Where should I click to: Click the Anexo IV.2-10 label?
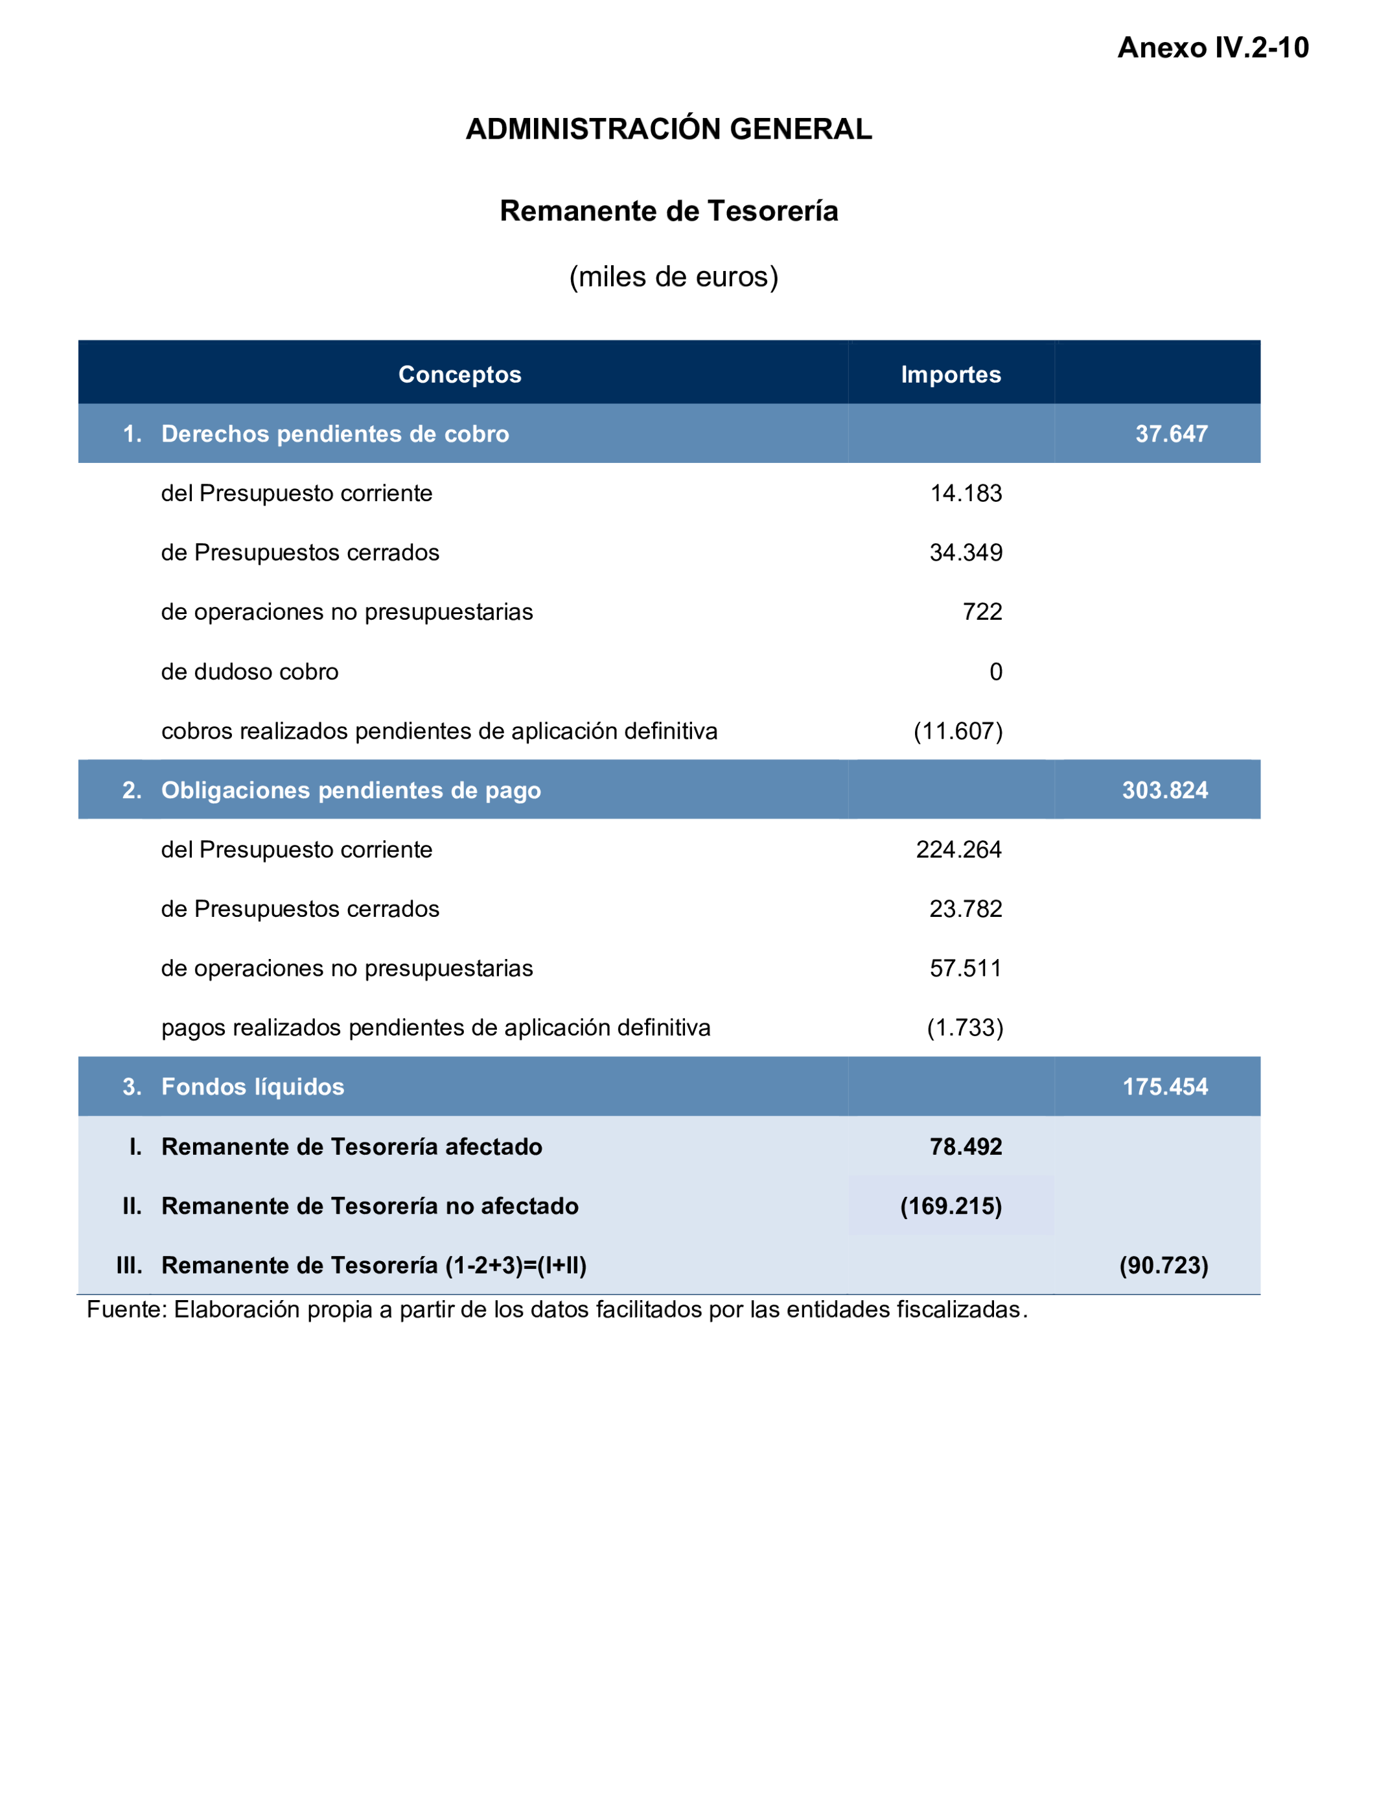click(x=1212, y=47)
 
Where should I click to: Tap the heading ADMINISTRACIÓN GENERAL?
click(x=668, y=130)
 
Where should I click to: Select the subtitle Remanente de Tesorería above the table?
click(x=668, y=211)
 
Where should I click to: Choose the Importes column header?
click(x=950, y=374)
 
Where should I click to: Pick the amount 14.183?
click(x=966, y=493)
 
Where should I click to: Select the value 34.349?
click(x=966, y=552)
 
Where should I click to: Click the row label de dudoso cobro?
click(x=249, y=672)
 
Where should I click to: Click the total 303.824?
click(x=1164, y=790)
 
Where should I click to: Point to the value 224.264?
click(x=958, y=849)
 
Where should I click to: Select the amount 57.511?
click(x=966, y=967)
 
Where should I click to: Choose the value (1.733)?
click(x=965, y=1028)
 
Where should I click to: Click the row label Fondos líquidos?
click(x=253, y=1087)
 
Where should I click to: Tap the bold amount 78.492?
click(x=966, y=1146)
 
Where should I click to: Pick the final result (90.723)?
click(x=1163, y=1265)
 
